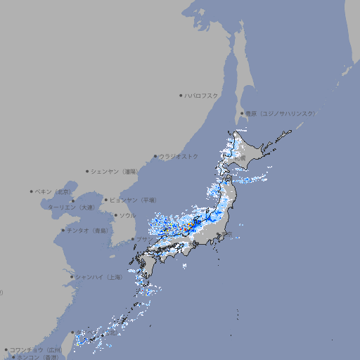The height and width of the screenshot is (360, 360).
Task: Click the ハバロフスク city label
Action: coord(202,95)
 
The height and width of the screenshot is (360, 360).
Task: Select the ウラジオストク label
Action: coord(179,156)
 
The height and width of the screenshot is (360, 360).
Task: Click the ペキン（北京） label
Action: coord(53,191)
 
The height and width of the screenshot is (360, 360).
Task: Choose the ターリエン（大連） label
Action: coord(71,207)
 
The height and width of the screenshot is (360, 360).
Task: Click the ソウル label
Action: coord(127,215)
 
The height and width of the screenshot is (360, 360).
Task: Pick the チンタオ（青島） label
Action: coord(87,231)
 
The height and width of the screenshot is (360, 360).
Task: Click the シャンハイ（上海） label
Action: coord(98,277)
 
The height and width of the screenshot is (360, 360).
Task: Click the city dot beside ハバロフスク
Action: coord(181,95)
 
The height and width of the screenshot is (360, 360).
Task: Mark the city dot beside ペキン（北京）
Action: coord(32,191)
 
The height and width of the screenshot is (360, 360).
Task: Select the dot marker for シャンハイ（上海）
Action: coord(71,277)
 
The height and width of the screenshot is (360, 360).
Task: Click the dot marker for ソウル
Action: coord(115,215)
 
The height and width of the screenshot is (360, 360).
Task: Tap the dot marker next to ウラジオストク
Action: coord(155,156)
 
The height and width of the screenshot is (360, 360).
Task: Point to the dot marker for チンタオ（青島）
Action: coord(63,231)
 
